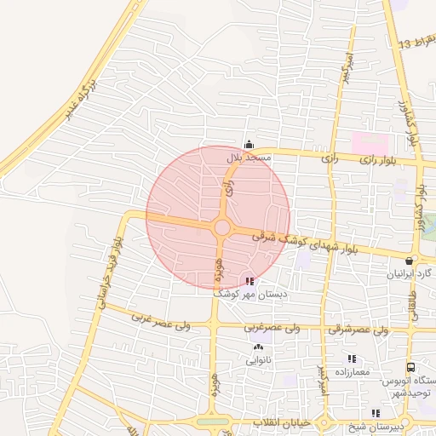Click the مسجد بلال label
click(x=249, y=158)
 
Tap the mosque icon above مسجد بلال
click(x=249, y=145)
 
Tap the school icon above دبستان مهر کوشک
click(x=249, y=280)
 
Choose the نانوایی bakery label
click(x=259, y=360)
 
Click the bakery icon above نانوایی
click(x=259, y=347)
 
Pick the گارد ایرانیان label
click(x=410, y=274)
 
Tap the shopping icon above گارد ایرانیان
click(x=410, y=261)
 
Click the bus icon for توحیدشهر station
click(x=411, y=367)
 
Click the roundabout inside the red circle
click(x=222, y=227)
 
